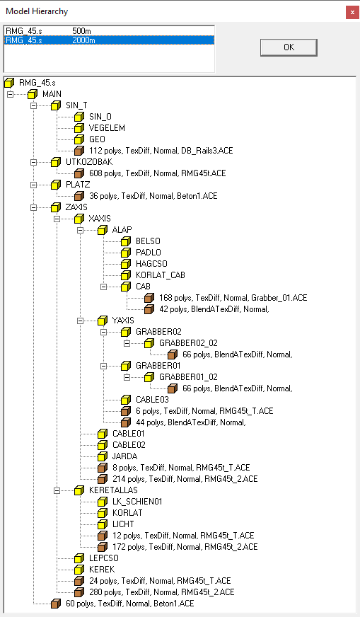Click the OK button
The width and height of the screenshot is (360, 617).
point(288,47)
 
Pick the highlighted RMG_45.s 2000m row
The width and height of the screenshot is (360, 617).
point(50,40)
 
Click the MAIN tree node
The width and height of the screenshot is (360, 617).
point(52,93)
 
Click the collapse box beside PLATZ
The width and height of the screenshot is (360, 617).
point(34,184)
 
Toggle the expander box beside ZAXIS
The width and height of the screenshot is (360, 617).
point(34,207)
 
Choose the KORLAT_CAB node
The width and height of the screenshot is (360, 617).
point(161,275)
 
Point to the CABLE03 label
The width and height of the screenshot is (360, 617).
point(153,399)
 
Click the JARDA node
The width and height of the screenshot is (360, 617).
point(124,456)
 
